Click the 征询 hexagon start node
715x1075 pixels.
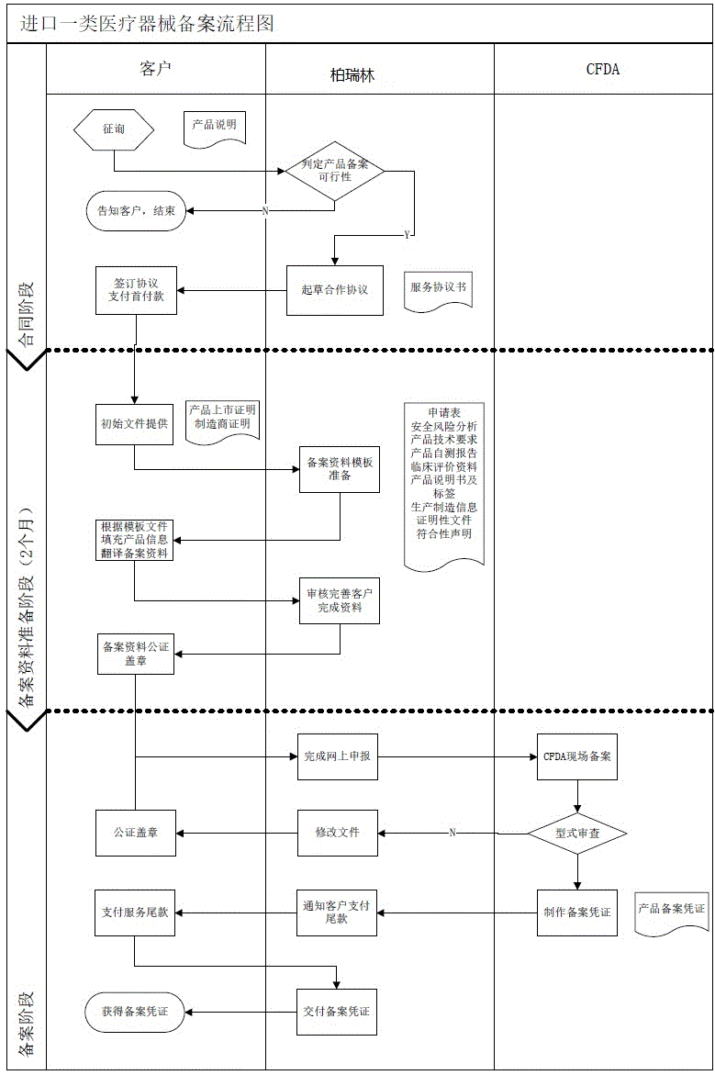pos(114,129)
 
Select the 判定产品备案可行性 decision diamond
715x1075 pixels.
pos(334,170)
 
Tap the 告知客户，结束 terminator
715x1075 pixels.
pos(137,210)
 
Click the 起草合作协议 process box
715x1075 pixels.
pos(334,290)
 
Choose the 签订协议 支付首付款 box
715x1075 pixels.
pos(135,290)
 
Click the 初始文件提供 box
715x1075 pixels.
pos(135,423)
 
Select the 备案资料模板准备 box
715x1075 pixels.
pos(339,468)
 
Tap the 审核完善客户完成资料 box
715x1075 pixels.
pos(339,600)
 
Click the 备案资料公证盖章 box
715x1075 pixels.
pos(136,654)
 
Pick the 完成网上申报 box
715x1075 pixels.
pos(336,757)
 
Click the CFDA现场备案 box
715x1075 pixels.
pos(577,757)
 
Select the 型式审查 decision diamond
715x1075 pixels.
pos(577,833)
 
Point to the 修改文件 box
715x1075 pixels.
pos(336,833)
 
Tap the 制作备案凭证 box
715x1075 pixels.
pos(577,913)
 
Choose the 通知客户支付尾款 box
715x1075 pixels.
pos(336,913)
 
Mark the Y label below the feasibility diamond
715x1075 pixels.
pos(408,236)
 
